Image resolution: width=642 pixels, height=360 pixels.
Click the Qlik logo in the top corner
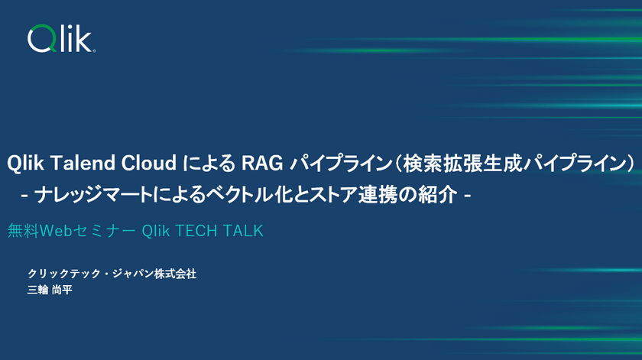(x=61, y=38)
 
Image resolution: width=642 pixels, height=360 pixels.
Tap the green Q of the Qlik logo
(x=40, y=39)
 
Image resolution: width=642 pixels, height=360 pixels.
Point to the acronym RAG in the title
(x=261, y=163)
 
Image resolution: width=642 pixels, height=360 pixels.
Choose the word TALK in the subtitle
(x=243, y=231)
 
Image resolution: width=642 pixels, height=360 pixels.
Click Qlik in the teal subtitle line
(x=156, y=231)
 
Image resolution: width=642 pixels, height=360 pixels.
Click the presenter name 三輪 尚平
(x=50, y=290)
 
